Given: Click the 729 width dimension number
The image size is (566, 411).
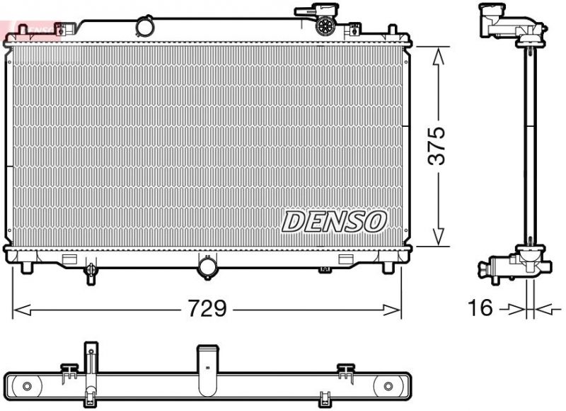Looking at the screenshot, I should click(207, 309).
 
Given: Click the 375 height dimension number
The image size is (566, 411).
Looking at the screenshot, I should click(438, 146).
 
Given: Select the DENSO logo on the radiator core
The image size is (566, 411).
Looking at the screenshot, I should click(334, 221).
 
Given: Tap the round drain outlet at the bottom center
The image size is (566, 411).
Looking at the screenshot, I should click(209, 267).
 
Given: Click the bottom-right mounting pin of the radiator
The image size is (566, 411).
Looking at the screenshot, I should click(388, 268).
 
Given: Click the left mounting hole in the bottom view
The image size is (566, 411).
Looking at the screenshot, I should click(27, 386).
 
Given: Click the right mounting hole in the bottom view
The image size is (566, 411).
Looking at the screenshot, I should click(388, 386).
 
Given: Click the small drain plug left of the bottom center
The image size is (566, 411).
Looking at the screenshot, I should click(91, 271).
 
